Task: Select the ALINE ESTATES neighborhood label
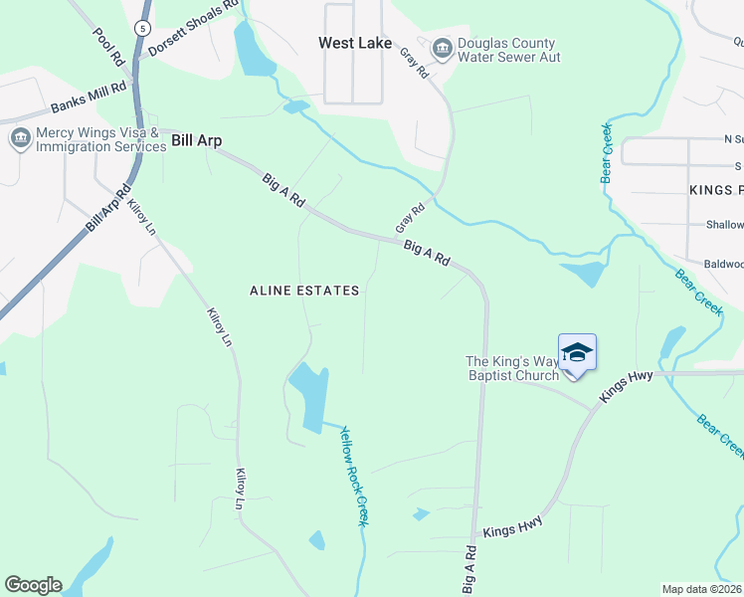point(303,291)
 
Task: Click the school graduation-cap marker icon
point(577,354)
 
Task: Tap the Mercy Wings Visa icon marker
point(19,138)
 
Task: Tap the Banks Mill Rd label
point(90,98)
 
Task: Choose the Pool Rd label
point(107,45)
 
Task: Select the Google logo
point(33,585)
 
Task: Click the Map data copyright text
point(702,589)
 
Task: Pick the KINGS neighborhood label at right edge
point(715,189)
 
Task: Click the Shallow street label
point(724,226)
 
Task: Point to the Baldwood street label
point(723,265)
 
